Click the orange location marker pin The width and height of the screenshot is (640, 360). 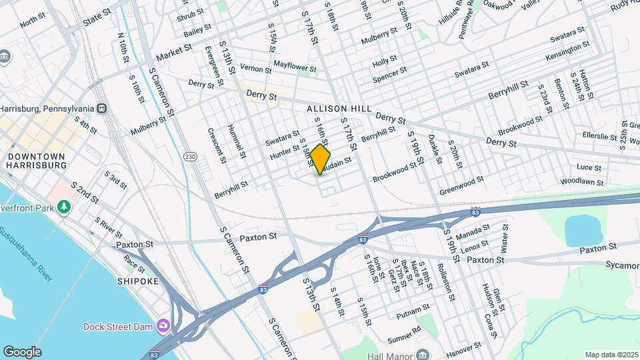[321, 159]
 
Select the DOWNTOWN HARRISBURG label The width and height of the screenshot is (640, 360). [37, 161]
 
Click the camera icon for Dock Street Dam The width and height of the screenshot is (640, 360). [163, 326]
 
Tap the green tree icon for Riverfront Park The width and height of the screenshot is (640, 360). [64, 207]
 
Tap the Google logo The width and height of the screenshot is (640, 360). [22, 351]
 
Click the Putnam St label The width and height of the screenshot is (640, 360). [413, 310]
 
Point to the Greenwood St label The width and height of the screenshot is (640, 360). [461, 186]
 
